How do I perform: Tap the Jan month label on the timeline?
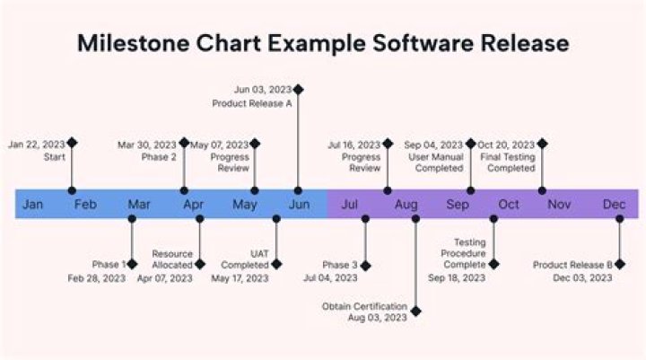(32, 205)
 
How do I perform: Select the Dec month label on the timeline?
(614, 205)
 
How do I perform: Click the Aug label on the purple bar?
(406, 205)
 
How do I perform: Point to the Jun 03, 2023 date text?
(262, 90)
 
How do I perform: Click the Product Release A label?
(251, 103)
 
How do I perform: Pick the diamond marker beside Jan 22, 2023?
(73, 143)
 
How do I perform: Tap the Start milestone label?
(54, 157)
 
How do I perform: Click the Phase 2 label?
(159, 157)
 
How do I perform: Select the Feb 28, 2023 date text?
(97, 278)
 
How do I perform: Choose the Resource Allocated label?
(171, 259)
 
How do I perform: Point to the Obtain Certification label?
(364, 307)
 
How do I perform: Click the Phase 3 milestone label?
(339, 265)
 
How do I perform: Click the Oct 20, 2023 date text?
(505, 145)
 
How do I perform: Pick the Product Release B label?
(572, 265)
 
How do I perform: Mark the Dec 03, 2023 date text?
(583, 278)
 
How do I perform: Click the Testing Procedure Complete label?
(464, 254)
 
